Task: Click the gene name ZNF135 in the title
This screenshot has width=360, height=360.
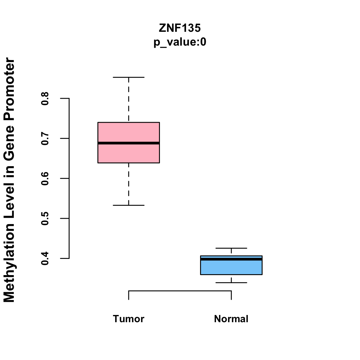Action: coord(180,28)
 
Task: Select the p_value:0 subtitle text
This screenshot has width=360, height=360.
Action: coord(180,42)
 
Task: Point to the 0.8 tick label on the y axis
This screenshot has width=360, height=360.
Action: coord(45,98)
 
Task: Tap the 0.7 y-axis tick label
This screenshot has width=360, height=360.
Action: coord(45,138)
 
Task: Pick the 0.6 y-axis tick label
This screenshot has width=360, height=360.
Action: coord(45,178)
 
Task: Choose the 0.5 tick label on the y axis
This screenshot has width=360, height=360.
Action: coord(45,218)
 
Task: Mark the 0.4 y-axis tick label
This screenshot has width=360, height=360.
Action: coord(45,258)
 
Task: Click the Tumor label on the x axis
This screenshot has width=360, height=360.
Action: coord(128,319)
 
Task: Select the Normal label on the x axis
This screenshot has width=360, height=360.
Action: coord(231,319)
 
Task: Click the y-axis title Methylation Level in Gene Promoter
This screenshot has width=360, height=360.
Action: coord(10,180)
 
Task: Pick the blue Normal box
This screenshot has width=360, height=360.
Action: coord(231,268)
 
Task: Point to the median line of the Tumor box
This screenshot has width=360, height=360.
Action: coord(128,143)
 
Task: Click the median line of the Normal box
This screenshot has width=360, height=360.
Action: coord(231,259)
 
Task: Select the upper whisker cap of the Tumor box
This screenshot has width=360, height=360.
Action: coord(128,77)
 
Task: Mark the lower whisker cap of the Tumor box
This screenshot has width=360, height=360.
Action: coord(128,205)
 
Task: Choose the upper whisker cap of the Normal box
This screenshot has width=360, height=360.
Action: coord(231,248)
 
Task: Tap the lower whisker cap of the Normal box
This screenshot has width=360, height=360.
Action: coord(231,283)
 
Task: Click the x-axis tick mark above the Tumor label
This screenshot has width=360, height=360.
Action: coord(129,295)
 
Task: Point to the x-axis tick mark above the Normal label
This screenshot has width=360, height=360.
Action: coord(231,295)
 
